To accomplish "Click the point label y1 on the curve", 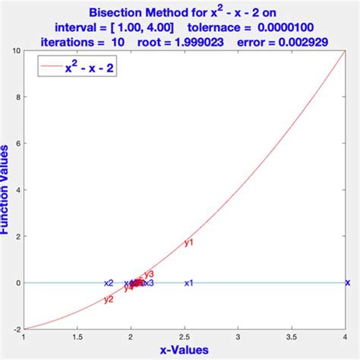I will pos(189,243).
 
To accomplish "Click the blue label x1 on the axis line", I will pos(189,283).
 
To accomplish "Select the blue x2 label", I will pos(109,283).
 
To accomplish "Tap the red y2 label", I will pos(109,299).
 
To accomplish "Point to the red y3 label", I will pos(149,274).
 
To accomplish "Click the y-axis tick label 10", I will pos(15,51).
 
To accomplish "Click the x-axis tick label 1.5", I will pos(77,338).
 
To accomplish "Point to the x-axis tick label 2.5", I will pos(185,338).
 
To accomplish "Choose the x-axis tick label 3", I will pos(238,338).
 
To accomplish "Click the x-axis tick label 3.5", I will pos(292,338).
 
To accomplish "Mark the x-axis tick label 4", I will pos(346,338).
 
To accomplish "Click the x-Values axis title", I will pos(185,352).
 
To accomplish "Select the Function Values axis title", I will pos(5,190).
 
